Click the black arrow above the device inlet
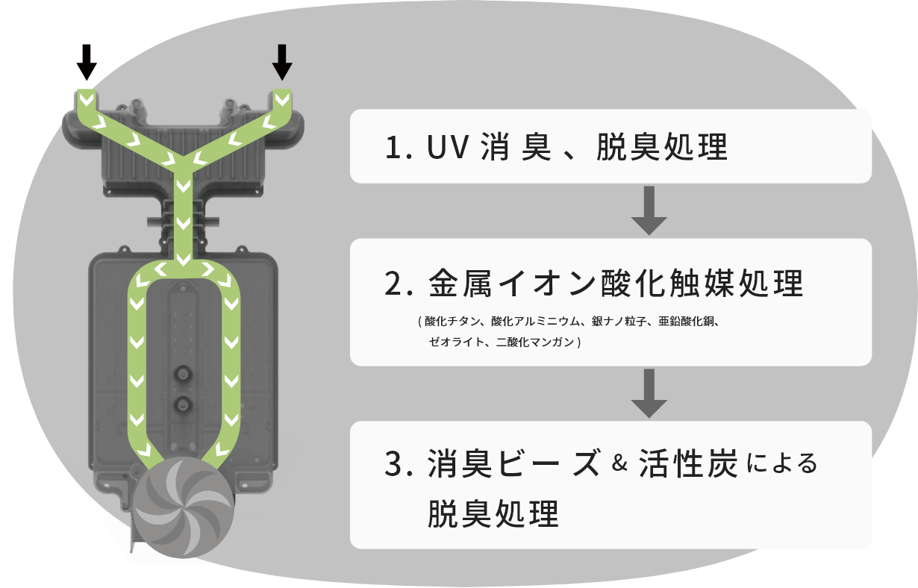(281, 62)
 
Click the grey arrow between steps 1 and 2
(649, 211)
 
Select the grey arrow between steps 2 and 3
(649, 393)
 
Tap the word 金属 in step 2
(458, 284)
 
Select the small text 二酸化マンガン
(535, 343)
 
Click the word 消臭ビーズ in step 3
(514, 464)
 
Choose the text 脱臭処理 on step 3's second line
(493, 514)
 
